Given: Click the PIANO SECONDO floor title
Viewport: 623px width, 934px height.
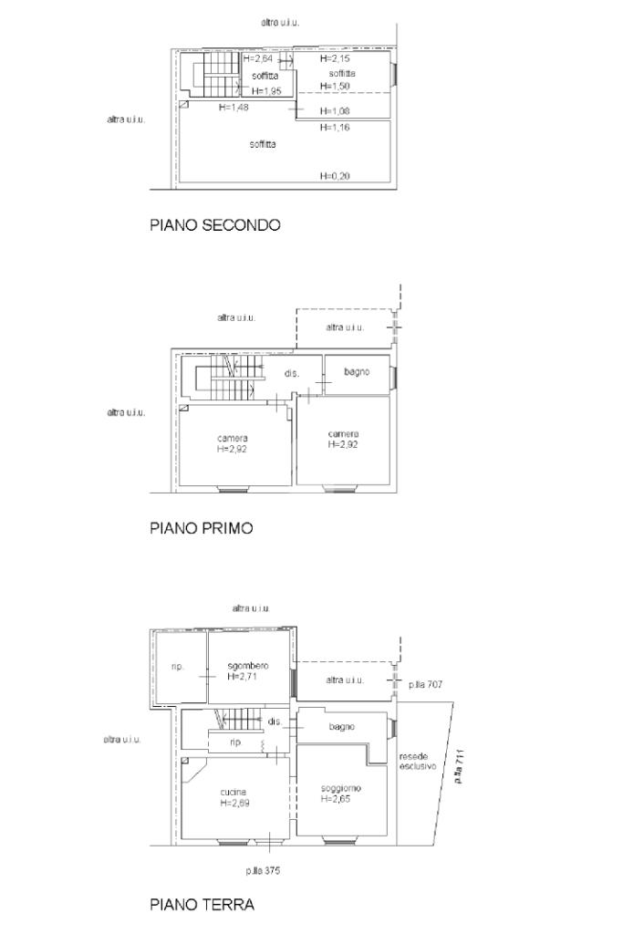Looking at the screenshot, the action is click(x=215, y=225).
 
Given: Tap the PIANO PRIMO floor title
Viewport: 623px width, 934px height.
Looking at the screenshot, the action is click(x=202, y=528).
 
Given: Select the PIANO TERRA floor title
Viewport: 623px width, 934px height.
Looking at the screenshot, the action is click(x=202, y=905).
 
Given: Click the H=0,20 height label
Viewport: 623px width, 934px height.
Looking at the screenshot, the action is click(x=335, y=176).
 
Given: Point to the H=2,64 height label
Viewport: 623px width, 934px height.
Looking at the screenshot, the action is click(x=258, y=58).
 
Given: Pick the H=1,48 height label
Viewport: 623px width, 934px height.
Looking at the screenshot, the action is click(x=234, y=108).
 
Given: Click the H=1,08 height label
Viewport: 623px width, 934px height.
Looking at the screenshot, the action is click(x=335, y=110).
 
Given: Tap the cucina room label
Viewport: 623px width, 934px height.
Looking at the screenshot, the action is click(x=234, y=793).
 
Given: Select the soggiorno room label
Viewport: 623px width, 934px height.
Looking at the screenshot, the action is click(x=340, y=789).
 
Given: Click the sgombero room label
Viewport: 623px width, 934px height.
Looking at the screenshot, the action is click(x=248, y=666).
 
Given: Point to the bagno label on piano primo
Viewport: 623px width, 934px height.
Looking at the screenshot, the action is click(x=357, y=372).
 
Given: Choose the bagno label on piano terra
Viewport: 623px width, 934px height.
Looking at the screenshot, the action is click(x=342, y=727).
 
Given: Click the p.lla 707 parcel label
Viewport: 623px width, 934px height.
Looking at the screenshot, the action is click(x=425, y=685).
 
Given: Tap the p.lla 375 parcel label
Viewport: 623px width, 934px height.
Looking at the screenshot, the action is click(x=263, y=871).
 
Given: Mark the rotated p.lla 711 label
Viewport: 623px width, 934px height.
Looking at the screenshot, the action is click(x=459, y=766).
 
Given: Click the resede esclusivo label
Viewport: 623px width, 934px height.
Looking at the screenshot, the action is click(x=418, y=762).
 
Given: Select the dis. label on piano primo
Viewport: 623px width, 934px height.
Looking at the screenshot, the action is click(x=291, y=373).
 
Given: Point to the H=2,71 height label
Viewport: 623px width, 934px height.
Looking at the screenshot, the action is click(x=242, y=677).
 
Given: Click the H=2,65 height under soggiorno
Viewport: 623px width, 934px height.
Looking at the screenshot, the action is click(x=336, y=799).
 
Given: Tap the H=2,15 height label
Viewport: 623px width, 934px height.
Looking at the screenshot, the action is click(x=335, y=59).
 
